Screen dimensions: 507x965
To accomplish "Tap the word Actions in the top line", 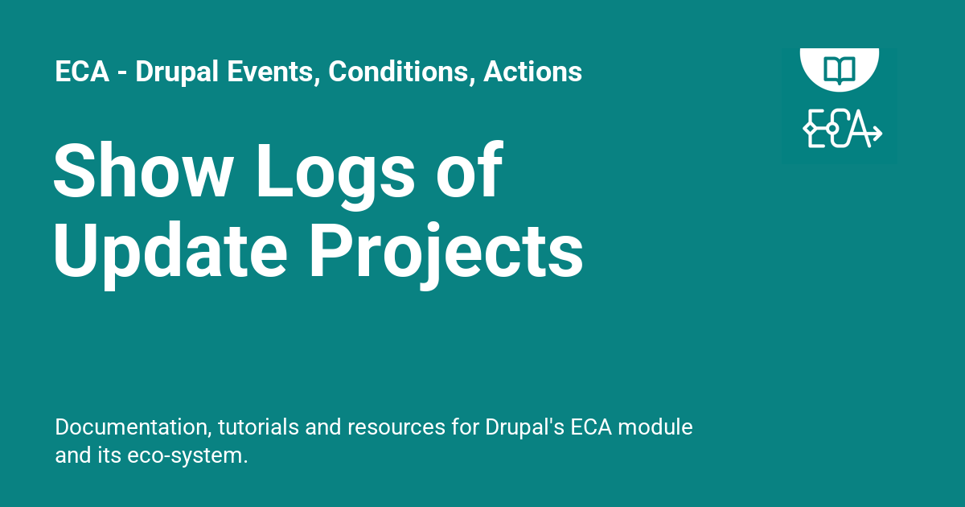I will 532,72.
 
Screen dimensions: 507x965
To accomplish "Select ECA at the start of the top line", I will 80,72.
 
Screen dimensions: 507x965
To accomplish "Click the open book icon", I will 839,67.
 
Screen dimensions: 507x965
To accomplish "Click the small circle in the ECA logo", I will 833,129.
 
